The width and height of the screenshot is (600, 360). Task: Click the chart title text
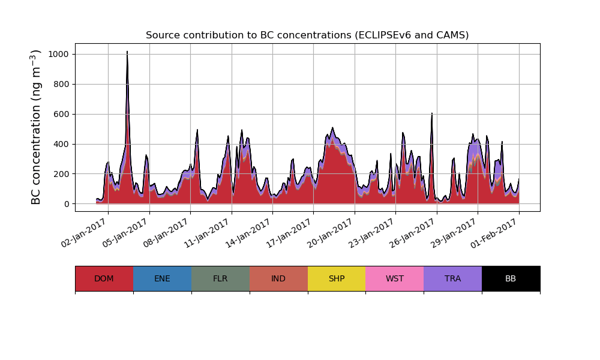click(x=307, y=35)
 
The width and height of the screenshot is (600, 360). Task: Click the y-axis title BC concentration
click(x=37, y=127)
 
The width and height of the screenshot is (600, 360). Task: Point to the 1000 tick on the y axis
click(x=58, y=54)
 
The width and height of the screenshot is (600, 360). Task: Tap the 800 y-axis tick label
click(x=61, y=84)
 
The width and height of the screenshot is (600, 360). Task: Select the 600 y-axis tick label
click(x=61, y=114)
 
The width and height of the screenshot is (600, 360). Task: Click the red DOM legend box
click(x=104, y=278)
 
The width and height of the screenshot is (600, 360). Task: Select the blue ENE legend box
click(x=162, y=278)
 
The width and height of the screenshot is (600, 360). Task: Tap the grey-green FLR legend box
click(x=220, y=278)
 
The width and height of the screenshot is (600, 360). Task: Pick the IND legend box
click(x=278, y=278)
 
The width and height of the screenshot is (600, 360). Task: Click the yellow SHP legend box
click(x=337, y=278)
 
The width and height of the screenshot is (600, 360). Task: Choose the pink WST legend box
click(x=395, y=278)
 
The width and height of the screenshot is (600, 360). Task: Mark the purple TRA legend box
click(x=453, y=278)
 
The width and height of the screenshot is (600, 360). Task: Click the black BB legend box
click(x=511, y=278)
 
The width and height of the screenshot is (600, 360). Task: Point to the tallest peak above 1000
click(x=127, y=52)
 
